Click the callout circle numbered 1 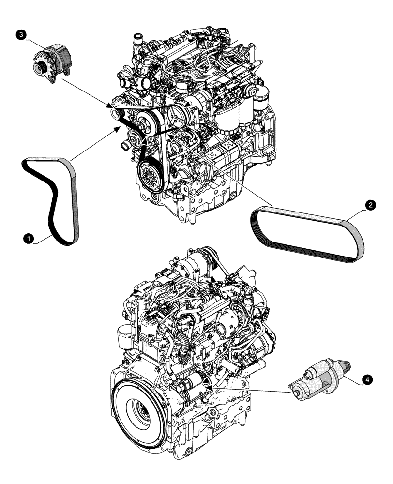pos(30,238)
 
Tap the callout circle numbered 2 pos(369,206)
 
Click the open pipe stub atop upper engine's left pos(138,37)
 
